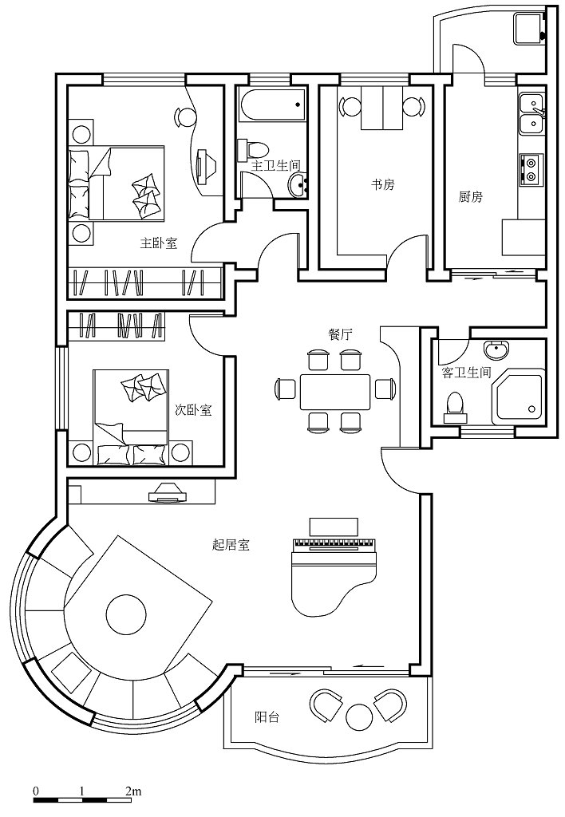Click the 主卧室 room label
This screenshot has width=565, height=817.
click(x=159, y=243)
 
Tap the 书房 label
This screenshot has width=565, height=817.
click(x=382, y=184)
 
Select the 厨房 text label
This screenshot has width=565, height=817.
click(x=470, y=197)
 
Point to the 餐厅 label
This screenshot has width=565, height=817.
click(x=340, y=334)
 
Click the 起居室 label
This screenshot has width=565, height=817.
click(x=231, y=545)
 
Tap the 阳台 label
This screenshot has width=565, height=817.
click(x=267, y=717)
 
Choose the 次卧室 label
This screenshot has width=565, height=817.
click(x=193, y=410)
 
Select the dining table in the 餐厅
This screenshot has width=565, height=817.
click(x=334, y=392)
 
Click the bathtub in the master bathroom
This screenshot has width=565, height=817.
click(x=271, y=106)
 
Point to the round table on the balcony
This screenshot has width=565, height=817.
click(x=358, y=716)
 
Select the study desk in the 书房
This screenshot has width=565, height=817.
click(x=382, y=108)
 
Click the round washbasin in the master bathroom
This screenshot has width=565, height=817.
click(x=298, y=185)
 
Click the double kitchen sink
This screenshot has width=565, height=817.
click(x=531, y=113)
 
